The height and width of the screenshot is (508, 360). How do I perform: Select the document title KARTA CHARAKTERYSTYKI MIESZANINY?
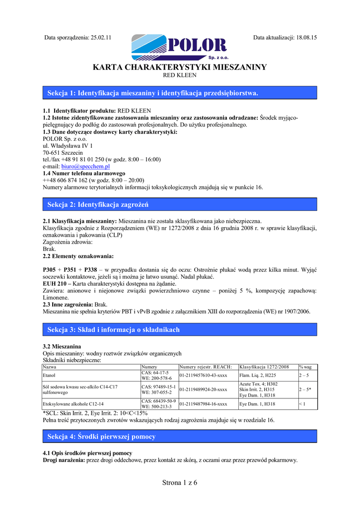pos(180,67)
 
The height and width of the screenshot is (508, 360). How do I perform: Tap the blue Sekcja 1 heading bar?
pos(180,93)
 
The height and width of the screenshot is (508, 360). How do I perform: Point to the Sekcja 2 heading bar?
pos(180,204)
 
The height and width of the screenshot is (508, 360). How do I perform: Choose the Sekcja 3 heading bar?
pos(180,329)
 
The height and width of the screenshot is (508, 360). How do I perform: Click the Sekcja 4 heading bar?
pos(180,437)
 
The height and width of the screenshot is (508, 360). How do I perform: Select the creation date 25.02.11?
pos(101,37)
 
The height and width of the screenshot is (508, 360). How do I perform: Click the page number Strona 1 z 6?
pos(180,484)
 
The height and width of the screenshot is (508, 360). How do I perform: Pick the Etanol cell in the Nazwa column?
pos(50,376)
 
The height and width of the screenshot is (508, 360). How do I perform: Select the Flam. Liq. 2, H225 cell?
pos(257,376)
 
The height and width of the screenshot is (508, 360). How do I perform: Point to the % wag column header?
pos(305,367)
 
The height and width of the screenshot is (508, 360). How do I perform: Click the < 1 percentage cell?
pos(302,404)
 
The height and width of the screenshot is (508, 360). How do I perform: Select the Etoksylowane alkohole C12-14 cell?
pos(73,404)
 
